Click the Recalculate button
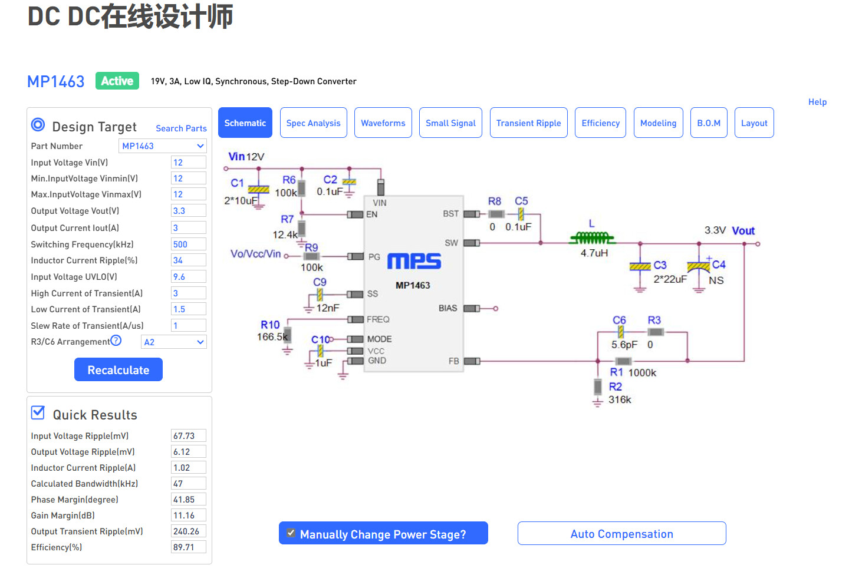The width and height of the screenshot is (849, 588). (119, 370)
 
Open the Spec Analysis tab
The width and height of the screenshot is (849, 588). (313, 123)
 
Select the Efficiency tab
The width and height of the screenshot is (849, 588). (600, 123)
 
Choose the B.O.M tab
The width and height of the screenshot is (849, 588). (709, 123)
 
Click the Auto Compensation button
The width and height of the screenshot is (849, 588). (621, 534)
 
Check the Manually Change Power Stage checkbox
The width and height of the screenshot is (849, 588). (291, 533)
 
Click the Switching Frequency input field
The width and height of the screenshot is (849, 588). (188, 245)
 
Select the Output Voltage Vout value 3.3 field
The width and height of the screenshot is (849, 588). (188, 211)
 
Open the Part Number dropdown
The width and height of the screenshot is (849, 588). (163, 146)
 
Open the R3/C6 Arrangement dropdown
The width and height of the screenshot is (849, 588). (173, 342)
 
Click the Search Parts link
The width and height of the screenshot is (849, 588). (181, 128)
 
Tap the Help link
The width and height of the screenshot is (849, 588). (817, 102)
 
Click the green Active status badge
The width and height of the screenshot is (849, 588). (117, 81)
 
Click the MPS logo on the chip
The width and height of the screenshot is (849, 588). (414, 261)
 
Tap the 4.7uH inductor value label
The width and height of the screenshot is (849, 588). (594, 253)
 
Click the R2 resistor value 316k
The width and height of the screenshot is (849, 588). (620, 400)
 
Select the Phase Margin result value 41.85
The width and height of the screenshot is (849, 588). (188, 500)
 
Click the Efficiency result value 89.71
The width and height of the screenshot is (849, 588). (188, 547)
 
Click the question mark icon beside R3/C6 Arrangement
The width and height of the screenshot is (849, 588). (116, 341)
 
